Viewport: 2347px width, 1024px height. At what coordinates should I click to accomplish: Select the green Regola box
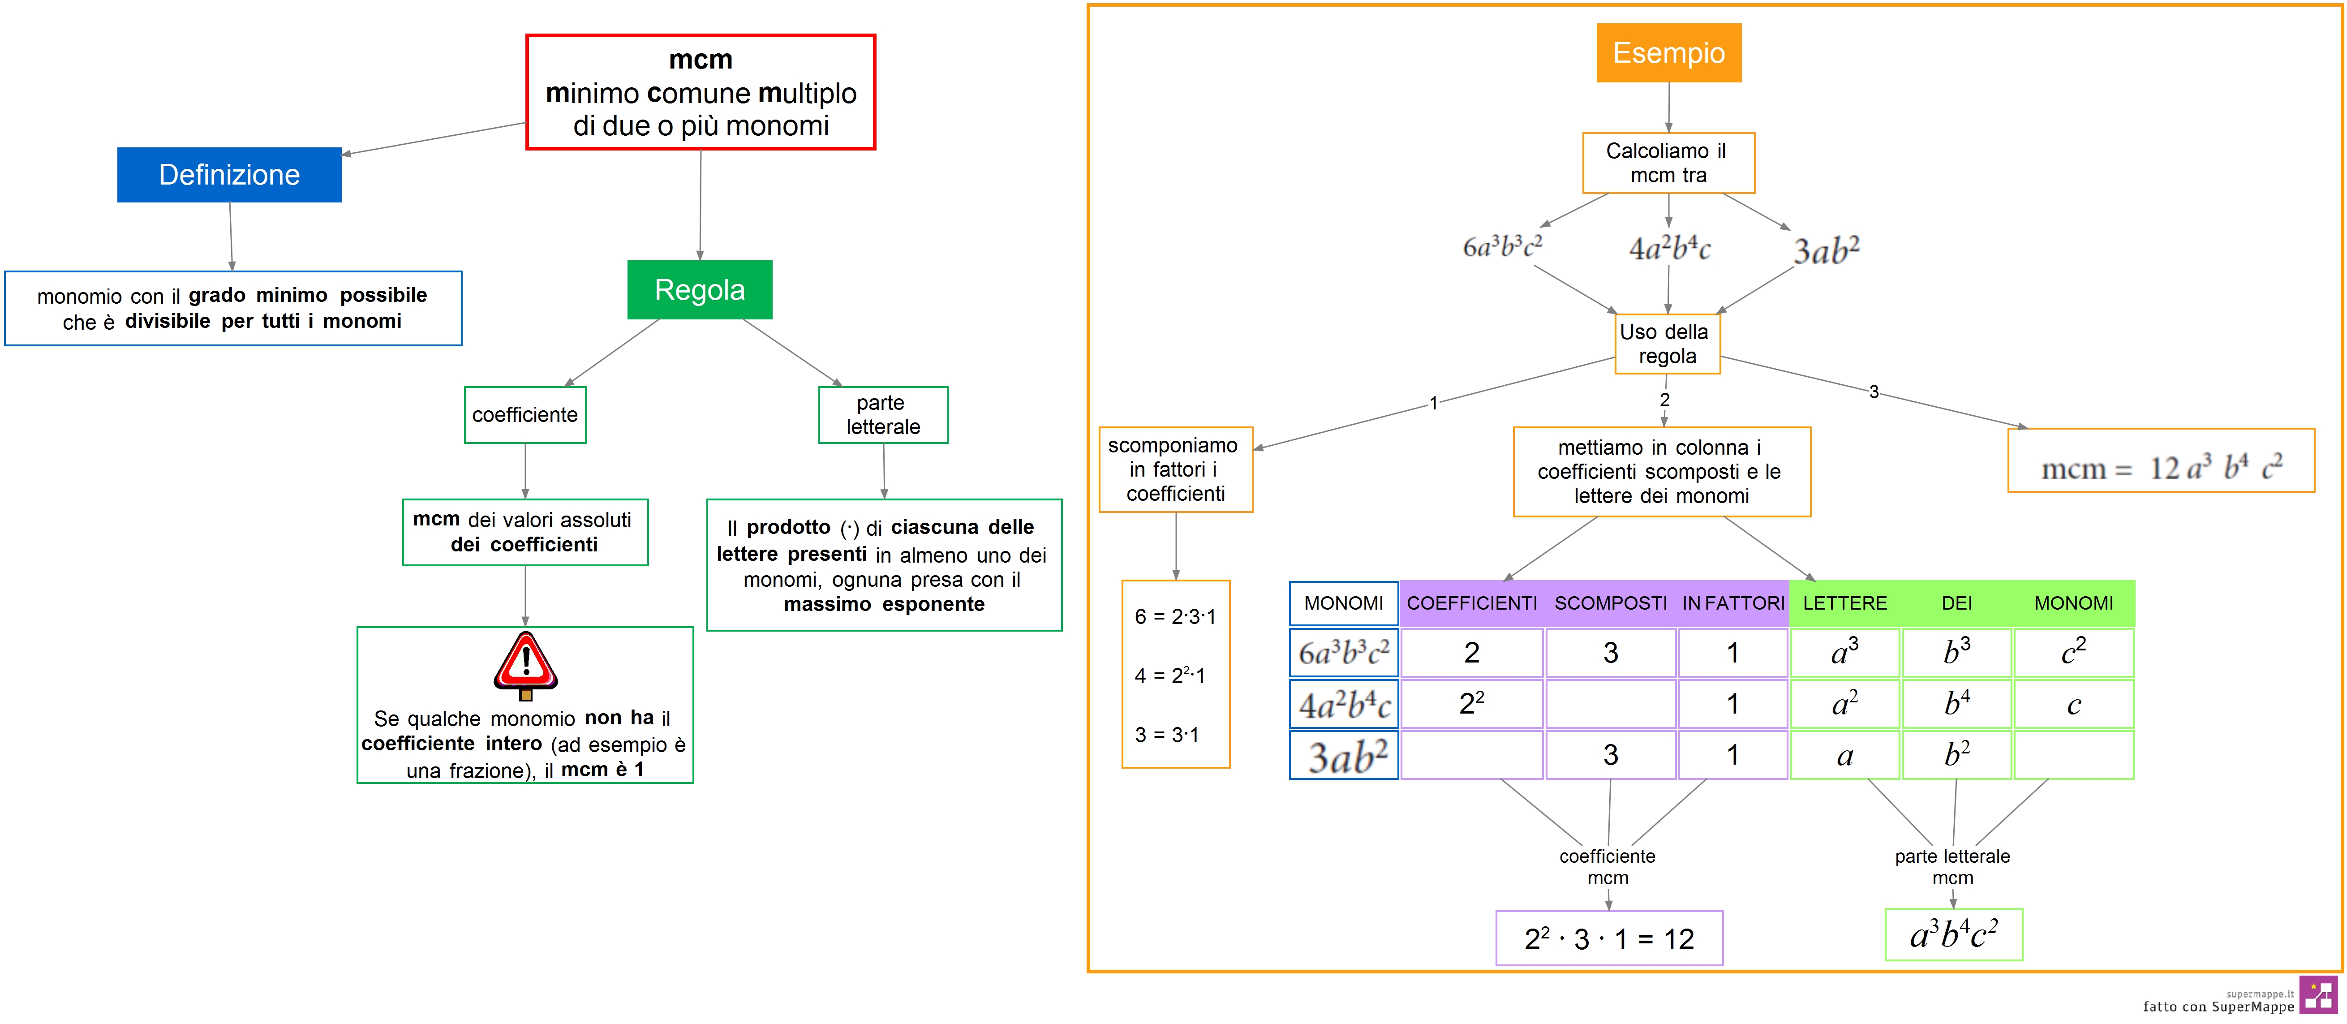[700, 290]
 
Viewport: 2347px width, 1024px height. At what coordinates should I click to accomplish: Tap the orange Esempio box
[1668, 53]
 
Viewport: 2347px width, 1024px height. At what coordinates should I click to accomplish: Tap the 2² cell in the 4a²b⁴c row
[1471, 703]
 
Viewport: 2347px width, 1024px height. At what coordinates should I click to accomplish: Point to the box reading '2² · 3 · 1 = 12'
[1609, 938]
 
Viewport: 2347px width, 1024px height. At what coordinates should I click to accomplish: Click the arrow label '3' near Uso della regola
[1873, 392]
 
